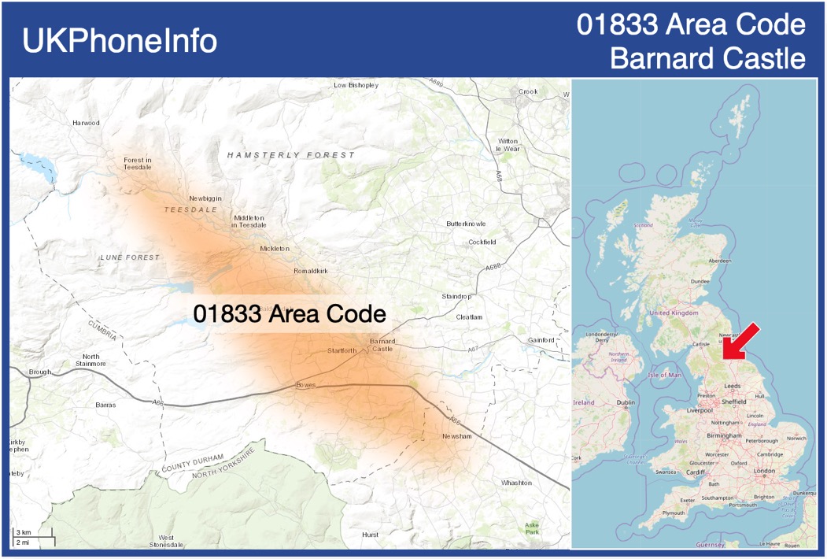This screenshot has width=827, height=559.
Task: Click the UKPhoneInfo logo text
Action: point(120,41)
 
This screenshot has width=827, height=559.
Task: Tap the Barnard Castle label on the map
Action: point(382,345)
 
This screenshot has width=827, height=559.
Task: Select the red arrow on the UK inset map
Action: point(740,342)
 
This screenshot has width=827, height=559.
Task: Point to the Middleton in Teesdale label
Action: point(248,221)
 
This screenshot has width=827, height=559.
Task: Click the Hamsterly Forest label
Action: point(291,155)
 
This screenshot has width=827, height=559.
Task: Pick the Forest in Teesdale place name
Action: point(138,164)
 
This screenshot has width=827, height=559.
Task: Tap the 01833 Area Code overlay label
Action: point(290,313)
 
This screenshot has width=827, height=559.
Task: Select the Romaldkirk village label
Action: point(311,271)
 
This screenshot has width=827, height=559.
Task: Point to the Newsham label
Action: point(457,435)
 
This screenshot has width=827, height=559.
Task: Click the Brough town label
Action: point(39,372)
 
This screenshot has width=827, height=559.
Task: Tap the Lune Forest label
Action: point(130,257)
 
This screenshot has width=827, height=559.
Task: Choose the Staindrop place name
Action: point(456,296)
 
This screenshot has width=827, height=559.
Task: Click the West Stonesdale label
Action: point(166,541)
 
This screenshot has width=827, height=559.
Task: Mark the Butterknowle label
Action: point(466,224)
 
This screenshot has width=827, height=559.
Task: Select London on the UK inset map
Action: point(765,471)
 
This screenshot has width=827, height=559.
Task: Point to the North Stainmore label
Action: point(90,360)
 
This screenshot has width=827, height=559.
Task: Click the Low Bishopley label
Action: point(356,85)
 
